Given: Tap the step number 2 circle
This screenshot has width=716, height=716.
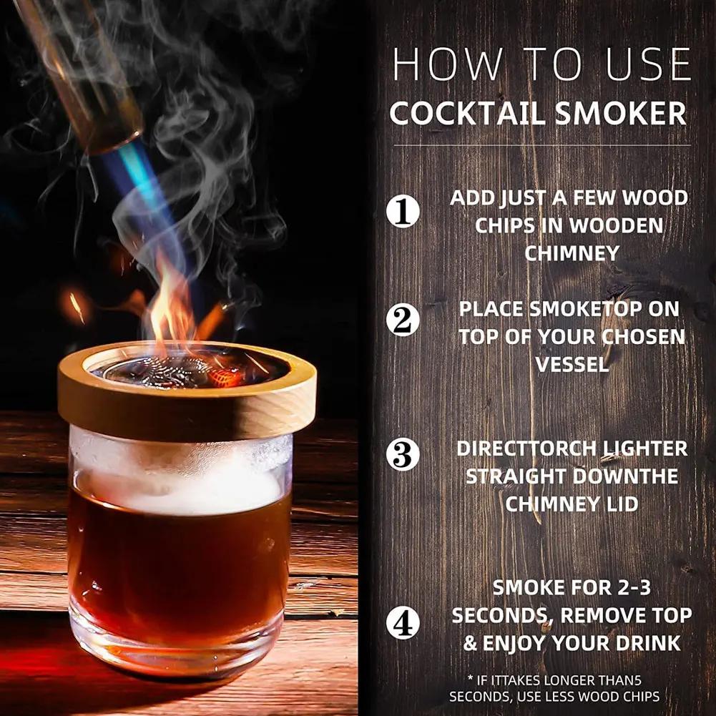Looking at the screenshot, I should click(403, 320).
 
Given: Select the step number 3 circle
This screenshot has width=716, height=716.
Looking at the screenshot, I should click(403, 455).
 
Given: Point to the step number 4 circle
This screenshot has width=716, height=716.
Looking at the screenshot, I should click(403, 622).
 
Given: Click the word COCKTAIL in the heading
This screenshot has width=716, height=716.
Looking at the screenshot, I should click(460, 114).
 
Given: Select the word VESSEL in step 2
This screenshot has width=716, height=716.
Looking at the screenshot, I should click(572, 364).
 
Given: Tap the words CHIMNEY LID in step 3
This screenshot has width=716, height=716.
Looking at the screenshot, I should click(572, 504).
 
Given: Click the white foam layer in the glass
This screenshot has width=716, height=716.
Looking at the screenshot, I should click(182, 490).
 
